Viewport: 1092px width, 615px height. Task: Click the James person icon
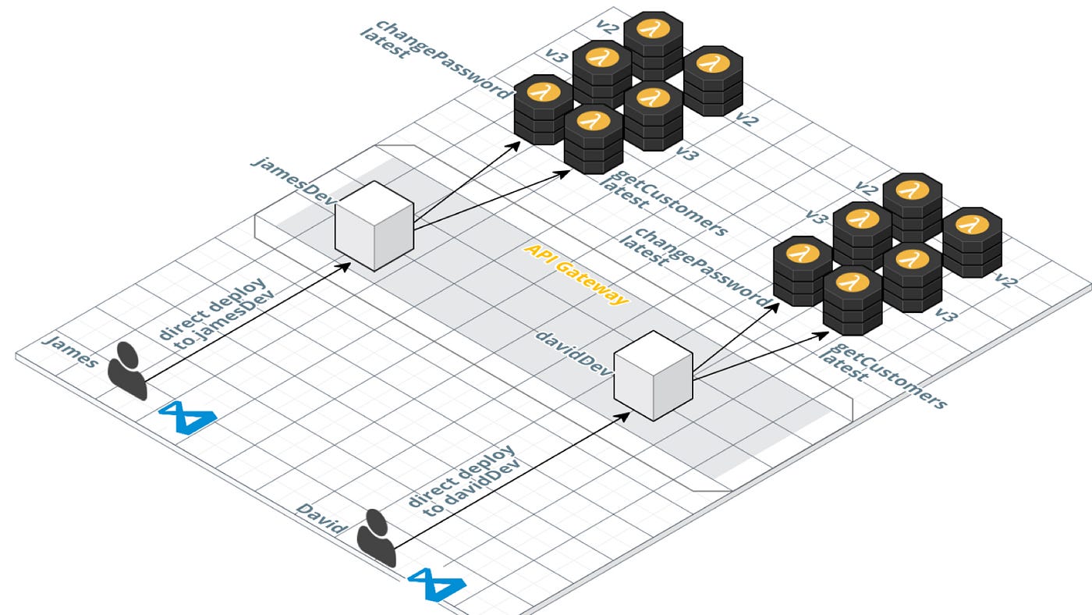[127, 371]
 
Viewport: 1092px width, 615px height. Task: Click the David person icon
[377, 537]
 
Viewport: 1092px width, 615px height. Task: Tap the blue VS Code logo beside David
[437, 585]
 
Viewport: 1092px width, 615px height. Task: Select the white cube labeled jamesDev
[374, 226]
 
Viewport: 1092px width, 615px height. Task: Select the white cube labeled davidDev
[653, 375]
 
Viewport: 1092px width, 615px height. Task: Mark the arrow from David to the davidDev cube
[507, 479]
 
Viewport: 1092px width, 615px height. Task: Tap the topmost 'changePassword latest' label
[433, 55]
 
